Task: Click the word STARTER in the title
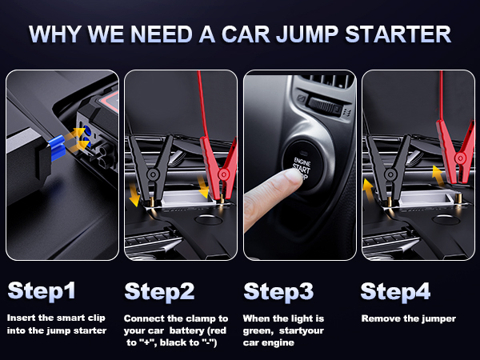[398, 35]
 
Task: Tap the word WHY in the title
[58, 35]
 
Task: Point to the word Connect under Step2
[144, 318]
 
